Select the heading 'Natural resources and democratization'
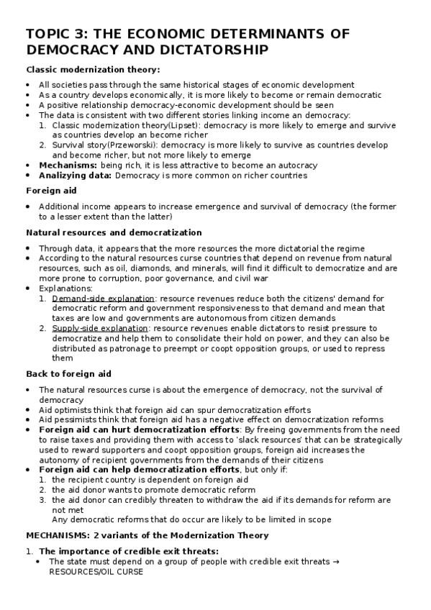tap(114, 232)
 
